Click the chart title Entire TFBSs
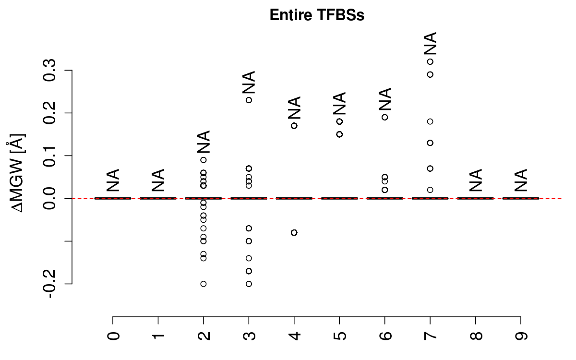coord(317,15)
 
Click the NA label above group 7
coord(431,44)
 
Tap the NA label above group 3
coord(249,83)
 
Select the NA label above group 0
coord(113,180)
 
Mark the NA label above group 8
coord(475,180)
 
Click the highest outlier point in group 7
coord(430,61)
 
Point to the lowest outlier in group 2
coord(204,284)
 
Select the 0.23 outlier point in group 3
coord(249,100)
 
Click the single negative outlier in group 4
coord(294,232)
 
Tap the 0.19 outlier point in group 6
coord(384,117)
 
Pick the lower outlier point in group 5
coord(339,134)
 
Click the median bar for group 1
coord(158,198)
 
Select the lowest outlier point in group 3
coord(249,284)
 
